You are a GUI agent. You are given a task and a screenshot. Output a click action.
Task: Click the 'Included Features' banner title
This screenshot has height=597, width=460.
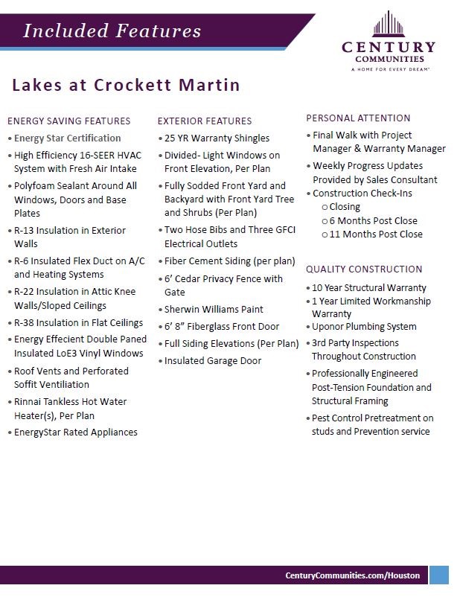pos(112,31)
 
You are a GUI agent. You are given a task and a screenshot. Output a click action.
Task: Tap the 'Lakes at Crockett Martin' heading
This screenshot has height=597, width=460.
pos(126,85)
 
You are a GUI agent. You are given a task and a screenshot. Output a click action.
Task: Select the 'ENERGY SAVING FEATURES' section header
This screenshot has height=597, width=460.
pos(68,121)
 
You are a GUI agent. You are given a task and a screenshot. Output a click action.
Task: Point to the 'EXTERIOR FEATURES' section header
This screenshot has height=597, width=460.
pos(205,121)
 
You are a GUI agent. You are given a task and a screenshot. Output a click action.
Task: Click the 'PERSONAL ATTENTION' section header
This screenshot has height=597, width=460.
pos(358,118)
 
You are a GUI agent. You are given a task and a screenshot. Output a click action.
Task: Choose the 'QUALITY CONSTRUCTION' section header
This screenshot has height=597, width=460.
pos(364,269)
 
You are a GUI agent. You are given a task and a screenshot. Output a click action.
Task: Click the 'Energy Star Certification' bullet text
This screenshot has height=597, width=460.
pos(67,138)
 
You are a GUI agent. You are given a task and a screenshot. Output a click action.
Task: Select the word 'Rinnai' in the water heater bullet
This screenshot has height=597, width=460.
pos(29,402)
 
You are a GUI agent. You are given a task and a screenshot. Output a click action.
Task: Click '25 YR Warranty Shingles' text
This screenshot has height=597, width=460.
pos(217,138)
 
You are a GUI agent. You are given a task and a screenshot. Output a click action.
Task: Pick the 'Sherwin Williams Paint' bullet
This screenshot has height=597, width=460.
pos(214,309)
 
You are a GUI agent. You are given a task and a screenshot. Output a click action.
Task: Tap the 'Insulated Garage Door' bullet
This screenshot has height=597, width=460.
pos(213,360)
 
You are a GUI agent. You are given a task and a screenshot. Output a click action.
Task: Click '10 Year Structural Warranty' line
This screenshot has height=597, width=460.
pos(368,287)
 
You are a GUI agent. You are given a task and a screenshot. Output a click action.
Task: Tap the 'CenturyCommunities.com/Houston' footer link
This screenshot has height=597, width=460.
pos(352,575)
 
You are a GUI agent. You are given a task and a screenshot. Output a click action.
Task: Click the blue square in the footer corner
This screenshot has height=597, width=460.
pos(439,575)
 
